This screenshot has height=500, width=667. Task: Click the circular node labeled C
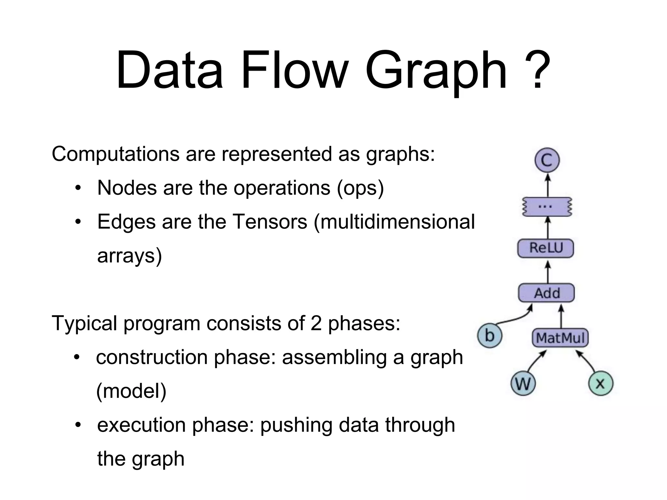point(547,160)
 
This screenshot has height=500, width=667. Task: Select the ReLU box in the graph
point(546,248)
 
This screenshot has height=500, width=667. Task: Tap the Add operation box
point(546,293)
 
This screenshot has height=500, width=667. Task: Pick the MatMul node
point(560,338)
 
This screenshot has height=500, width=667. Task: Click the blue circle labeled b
point(490,335)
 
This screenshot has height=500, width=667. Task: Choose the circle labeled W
point(523,383)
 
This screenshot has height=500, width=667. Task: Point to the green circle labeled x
point(600,383)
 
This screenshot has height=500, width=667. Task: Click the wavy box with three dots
point(546,206)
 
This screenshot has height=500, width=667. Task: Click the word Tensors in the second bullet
point(270,222)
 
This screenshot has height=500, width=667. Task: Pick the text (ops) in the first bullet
point(361,188)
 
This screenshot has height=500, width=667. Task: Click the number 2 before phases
point(316,324)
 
